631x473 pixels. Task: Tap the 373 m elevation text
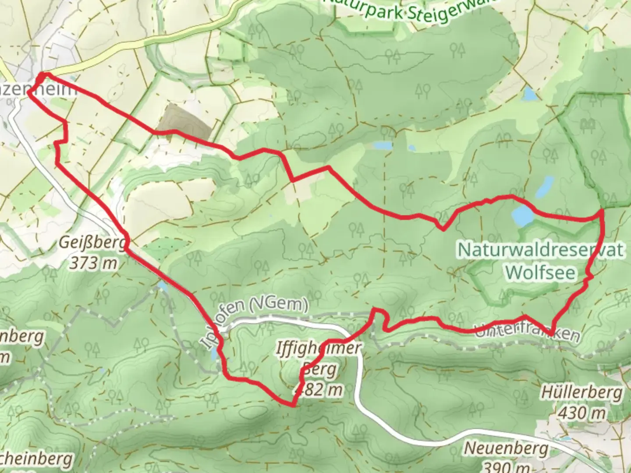click(x=93, y=263)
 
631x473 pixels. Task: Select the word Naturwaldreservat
click(x=541, y=250)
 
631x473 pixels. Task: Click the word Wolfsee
click(x=540, y=272)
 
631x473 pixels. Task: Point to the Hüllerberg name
click(x=581, y=392)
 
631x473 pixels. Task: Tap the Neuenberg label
click(x=506, y=448)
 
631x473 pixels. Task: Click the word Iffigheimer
click(x=319, y=349)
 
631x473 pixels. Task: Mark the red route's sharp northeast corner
click(x=602, y=211)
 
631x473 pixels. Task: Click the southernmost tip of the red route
click(x=293, y=406)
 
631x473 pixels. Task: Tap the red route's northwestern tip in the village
click(x=41, y=75)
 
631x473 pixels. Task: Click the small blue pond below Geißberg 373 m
click(x=163, y=286)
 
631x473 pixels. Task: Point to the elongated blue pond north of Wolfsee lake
click(x=543, y=187)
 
